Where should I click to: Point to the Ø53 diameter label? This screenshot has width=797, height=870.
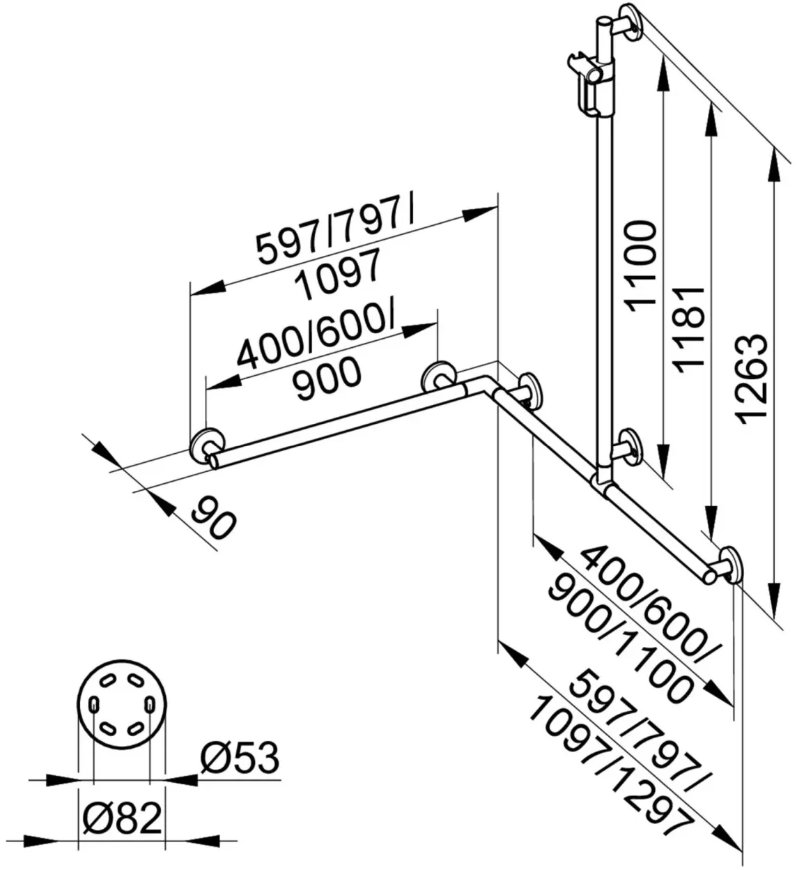[240, 758]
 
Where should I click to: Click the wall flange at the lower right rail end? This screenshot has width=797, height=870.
[731, 564]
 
